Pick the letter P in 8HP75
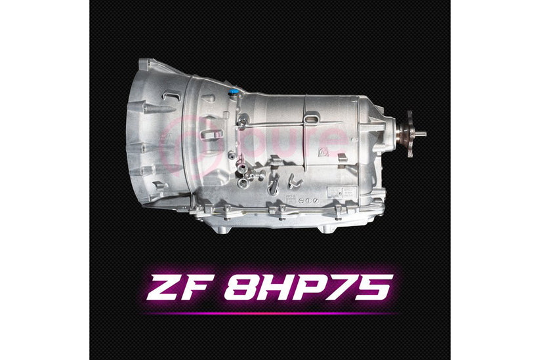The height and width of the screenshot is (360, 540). [x=311, y=288]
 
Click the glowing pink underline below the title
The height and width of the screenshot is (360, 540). [x=270, y=313]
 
